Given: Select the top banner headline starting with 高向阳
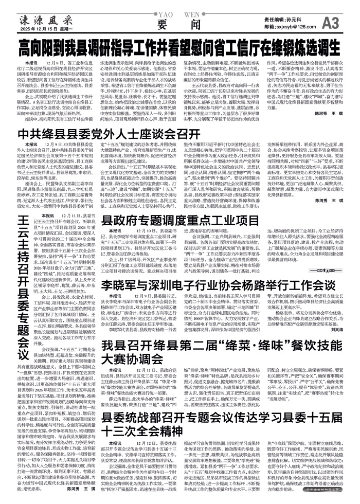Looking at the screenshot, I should (179, 50).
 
